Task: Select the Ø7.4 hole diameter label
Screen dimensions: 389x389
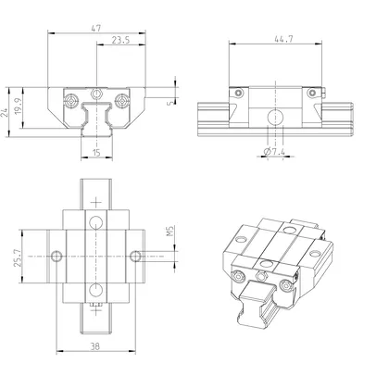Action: click(x=274, y=151)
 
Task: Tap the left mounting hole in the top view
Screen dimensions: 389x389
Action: click(x=57, y=255)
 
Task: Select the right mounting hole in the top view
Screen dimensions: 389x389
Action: click(x=135, y=255)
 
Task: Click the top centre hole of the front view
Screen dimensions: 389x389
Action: click(x=96, y=94)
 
